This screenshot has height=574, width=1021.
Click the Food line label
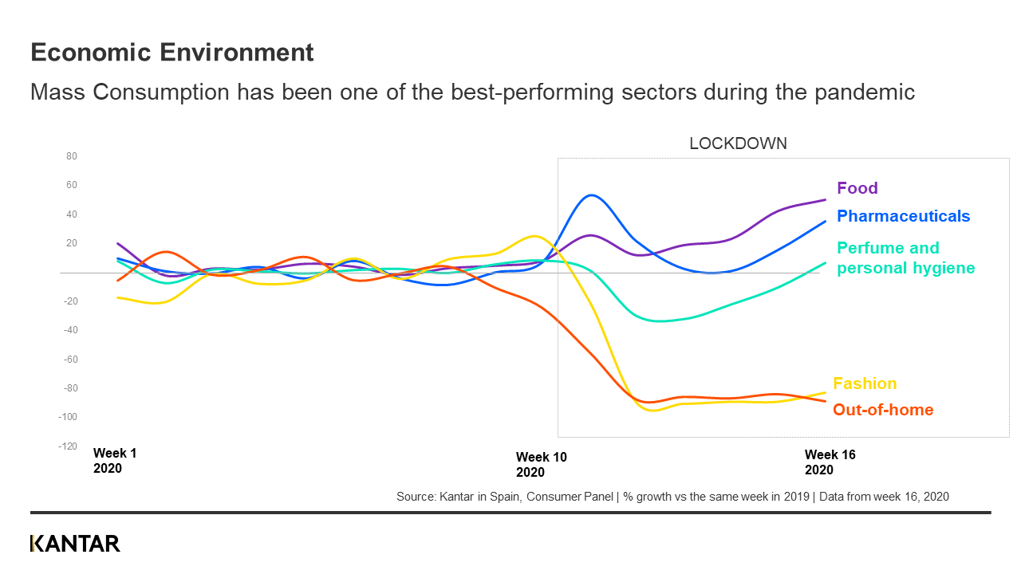click(x=857, y=188)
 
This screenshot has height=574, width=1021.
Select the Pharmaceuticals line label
click(x=903, y=216)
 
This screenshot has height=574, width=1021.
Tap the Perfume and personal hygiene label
click(x=905, y=258)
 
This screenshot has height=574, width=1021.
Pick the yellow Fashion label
click(x=865, y=383)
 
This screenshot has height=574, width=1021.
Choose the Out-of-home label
click(x=883, y=410)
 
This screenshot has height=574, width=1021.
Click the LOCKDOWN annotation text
click(x=738, y=143)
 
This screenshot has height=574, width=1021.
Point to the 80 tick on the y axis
click(x=72, y=156)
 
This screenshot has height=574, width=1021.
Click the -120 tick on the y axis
click(x=68, y=446)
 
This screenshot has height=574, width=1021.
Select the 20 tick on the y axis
click(x=72, y=243)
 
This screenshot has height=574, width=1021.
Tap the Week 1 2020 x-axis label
click(x=115, y=461)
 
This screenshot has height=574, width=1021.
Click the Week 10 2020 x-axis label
click(x=541, y=465)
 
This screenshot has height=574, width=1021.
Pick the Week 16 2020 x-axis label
click(x=830, y=462)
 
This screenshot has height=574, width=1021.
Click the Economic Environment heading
click(x=171, y=53)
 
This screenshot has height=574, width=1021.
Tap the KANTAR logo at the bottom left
click(x=75, y=544)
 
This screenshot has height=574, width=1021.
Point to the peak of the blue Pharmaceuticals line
click(x=591, y=195)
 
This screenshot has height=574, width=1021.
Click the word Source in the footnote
click(x=415, y=497)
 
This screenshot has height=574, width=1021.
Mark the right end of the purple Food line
click(x=825, y=199)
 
